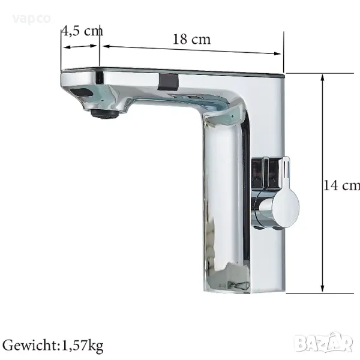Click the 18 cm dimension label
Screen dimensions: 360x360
[x=191, y=39]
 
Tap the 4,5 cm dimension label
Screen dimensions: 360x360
[x=83, y=31]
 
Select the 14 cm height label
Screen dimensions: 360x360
[x=341, y=185]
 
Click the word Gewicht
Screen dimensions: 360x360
[x=30, y=346]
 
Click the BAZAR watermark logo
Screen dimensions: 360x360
[x=324, y=343]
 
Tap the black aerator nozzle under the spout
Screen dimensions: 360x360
[x=104, y=114]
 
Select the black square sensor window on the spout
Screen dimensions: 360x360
[x=169, y=82]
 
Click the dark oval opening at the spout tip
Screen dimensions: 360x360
[x=82, y=92]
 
